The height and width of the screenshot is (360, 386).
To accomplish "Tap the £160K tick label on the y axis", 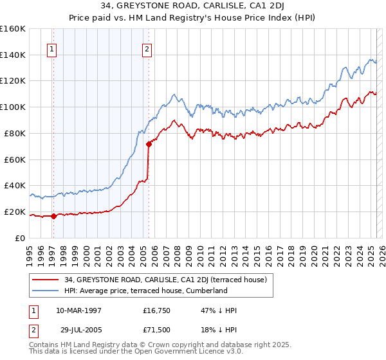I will [x=13, y=29].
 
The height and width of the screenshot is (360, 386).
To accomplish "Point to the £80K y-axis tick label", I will [x=15, y=133].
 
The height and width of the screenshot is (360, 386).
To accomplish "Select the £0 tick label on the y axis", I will [x=19, y=238].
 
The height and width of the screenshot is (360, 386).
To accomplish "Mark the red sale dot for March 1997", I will [x=54, y=216].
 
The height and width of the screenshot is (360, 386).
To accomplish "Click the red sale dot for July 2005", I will [x=149, y=144].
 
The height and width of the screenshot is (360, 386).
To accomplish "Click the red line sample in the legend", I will [x=45, y=279].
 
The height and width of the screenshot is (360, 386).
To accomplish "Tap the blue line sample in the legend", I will [x=45, y=291].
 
